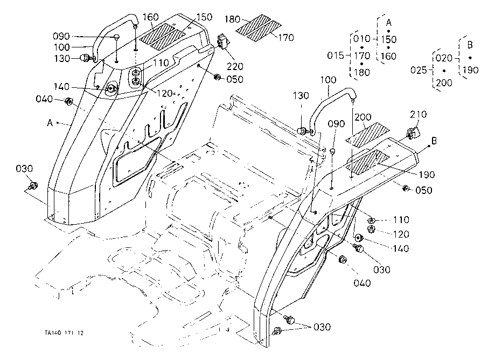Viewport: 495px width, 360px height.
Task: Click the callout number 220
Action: coord(234,67)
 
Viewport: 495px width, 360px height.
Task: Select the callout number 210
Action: coord(419,114)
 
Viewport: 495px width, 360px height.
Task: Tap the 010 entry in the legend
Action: coord(361,39)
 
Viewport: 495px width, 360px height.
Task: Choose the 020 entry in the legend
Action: coord(443,57)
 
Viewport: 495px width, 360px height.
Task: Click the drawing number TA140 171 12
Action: coord(64,332)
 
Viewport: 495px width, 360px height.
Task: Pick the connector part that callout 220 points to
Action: coord(222,43)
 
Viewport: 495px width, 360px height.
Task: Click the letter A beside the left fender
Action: coord(50,123)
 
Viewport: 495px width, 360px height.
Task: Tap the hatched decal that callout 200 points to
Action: coord(366,135)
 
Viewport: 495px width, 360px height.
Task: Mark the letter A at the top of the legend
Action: coord(388,21)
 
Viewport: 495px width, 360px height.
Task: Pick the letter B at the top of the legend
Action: coord(470,44)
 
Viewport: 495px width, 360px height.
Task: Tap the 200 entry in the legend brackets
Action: coord(445,84)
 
